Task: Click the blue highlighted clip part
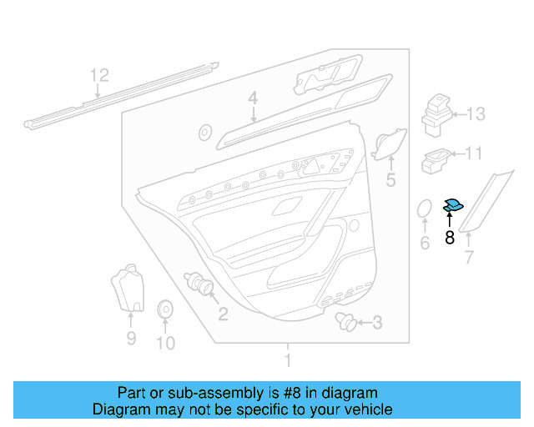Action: pos(454,204)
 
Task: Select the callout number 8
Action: pos(450,238)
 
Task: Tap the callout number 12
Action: pos(99,76)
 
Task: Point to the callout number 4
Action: pos(252,100)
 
